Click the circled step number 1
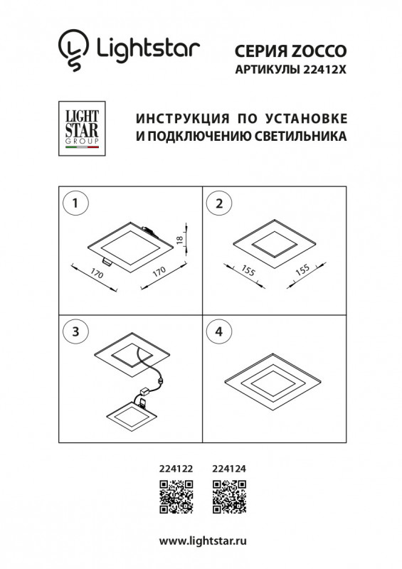point(76,203)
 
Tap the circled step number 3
point(76,331)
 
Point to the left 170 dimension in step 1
point(95,275)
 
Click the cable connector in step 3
point(148,390)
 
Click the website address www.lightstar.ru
point(201,542)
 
